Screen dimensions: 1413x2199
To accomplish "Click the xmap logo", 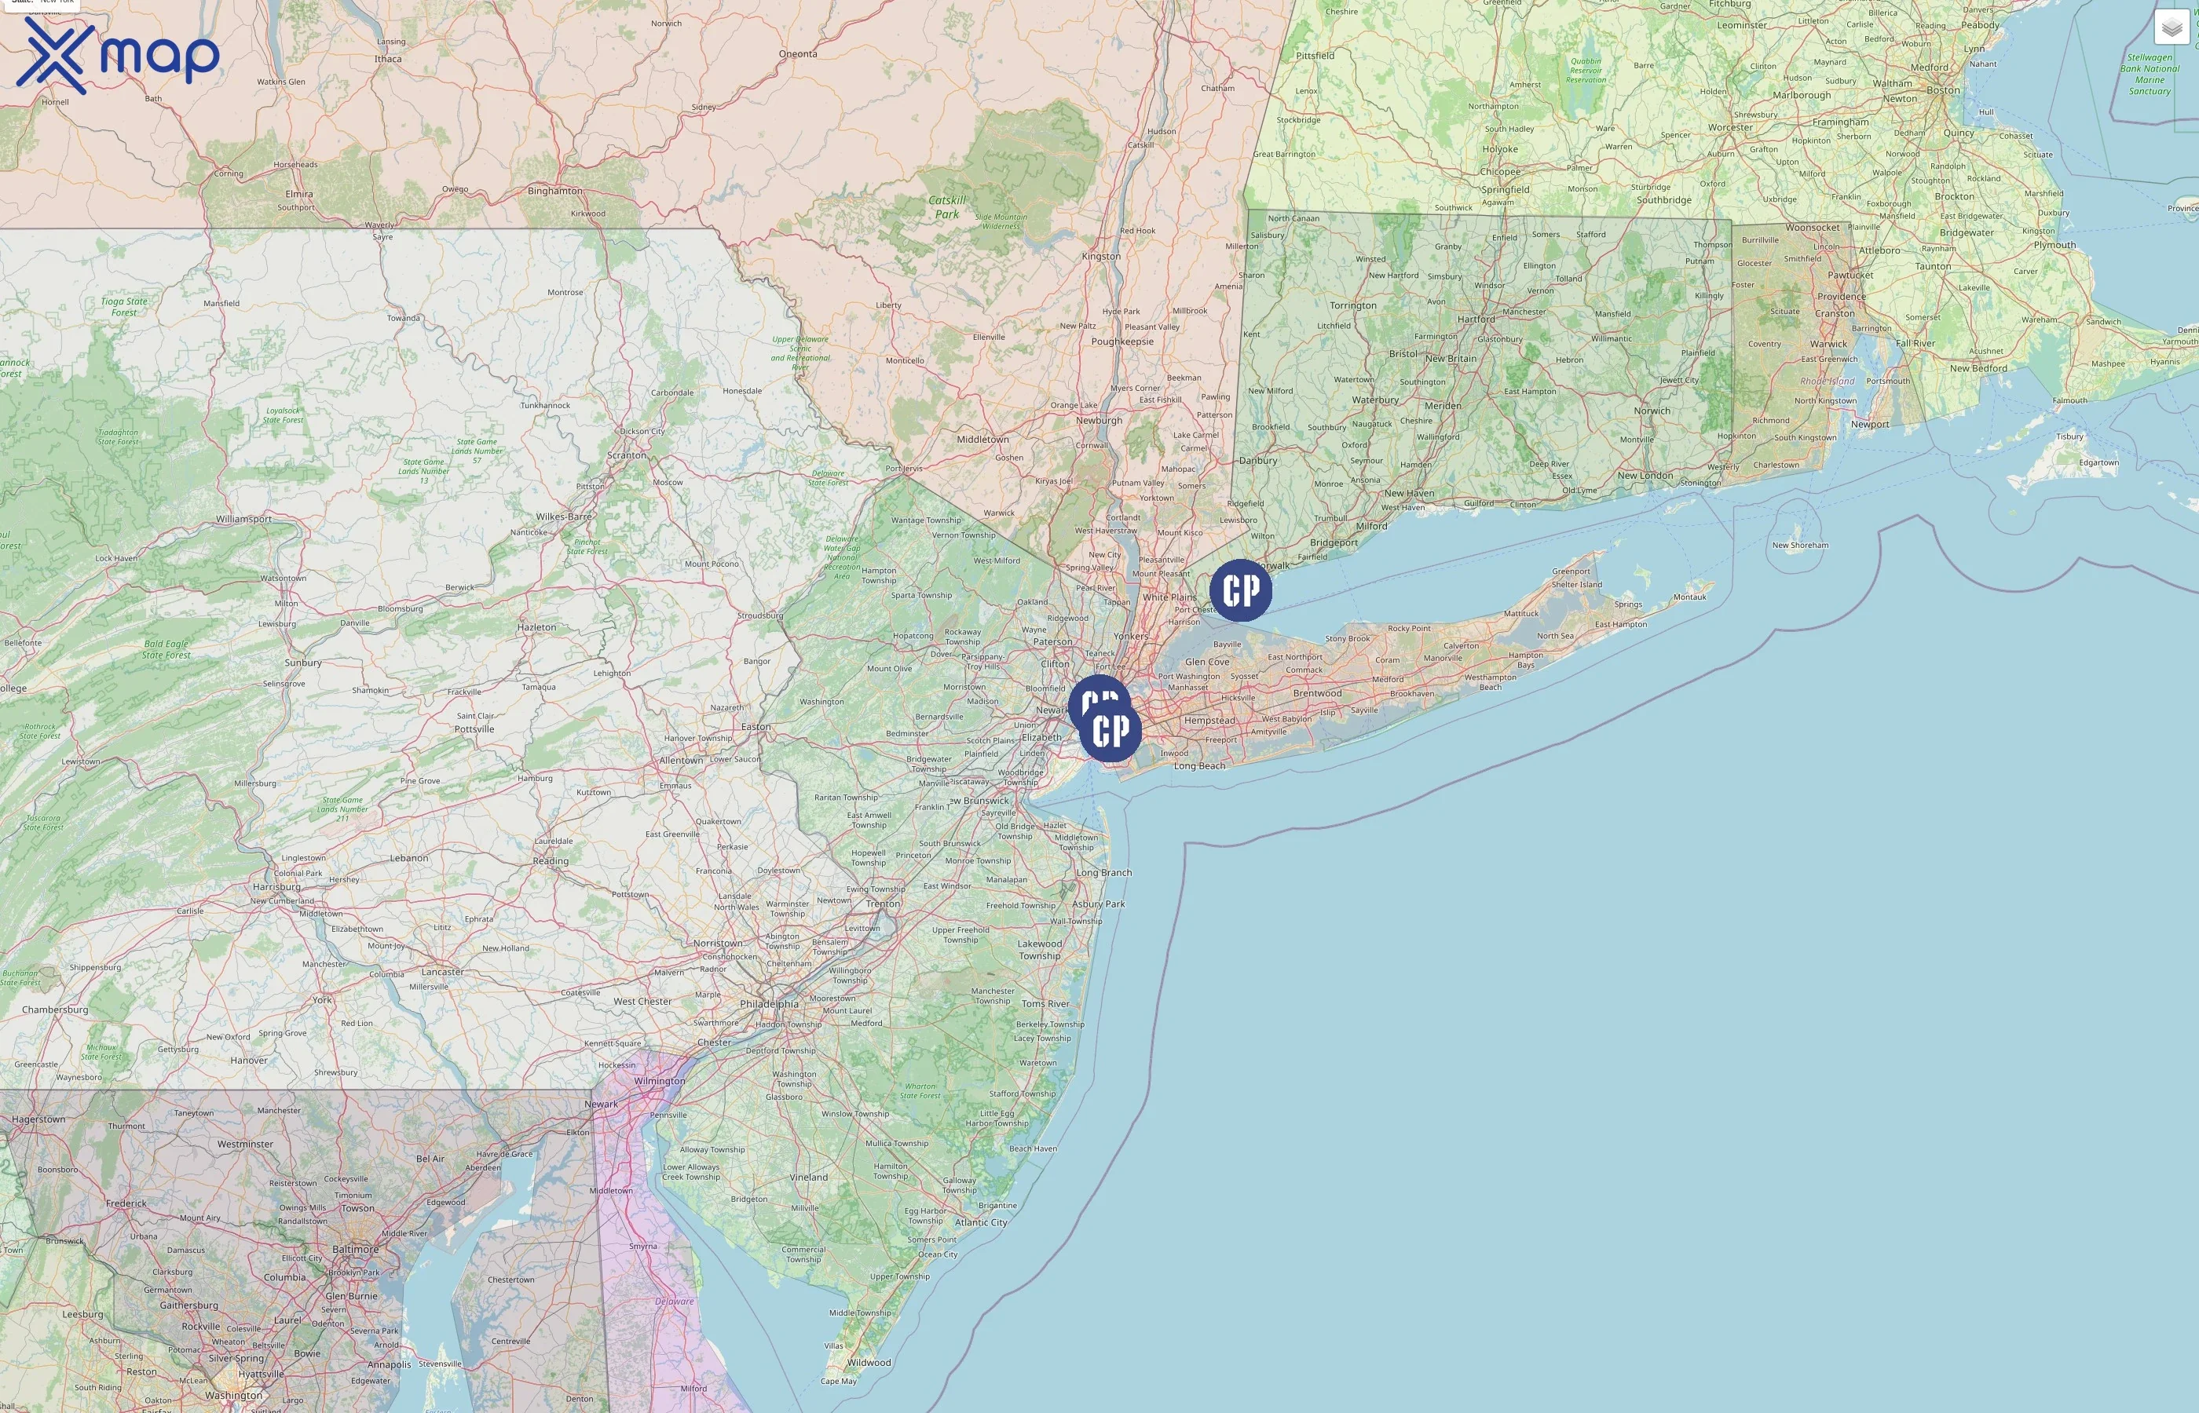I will [x=118, y=55].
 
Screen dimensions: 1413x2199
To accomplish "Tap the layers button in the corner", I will [x=2171, y=27].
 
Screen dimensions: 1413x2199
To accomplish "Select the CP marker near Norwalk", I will [x=1240, y=591].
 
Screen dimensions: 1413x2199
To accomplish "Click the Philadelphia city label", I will [x=769, y=1004].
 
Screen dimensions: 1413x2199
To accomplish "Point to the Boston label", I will [x=1943, y=90].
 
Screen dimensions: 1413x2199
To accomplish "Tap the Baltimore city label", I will [x=355, y=1249].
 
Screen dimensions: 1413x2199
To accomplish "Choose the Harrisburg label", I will [x=276, y=887].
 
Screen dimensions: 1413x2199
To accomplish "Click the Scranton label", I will [x=626, y=455].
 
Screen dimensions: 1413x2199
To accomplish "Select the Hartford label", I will [x=1476, y=319].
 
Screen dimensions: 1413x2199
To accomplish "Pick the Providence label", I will [x=1841, y=297].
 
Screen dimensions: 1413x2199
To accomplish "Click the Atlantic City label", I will [x=980, y=1222].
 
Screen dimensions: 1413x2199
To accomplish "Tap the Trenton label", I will [x=883, y=904].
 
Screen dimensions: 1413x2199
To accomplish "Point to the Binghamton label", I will [x=554, y=191].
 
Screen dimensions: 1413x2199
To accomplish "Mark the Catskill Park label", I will [x=946, y=207].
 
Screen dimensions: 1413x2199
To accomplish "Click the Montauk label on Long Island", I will [x=1689, y=597].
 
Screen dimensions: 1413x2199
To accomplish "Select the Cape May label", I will [x=838, y=1381].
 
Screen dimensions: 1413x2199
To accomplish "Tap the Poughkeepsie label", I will [x=1121, y=341].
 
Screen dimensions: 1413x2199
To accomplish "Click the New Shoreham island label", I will [x=1800, y=545].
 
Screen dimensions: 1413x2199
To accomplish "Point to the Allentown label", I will [x=680, y=761].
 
